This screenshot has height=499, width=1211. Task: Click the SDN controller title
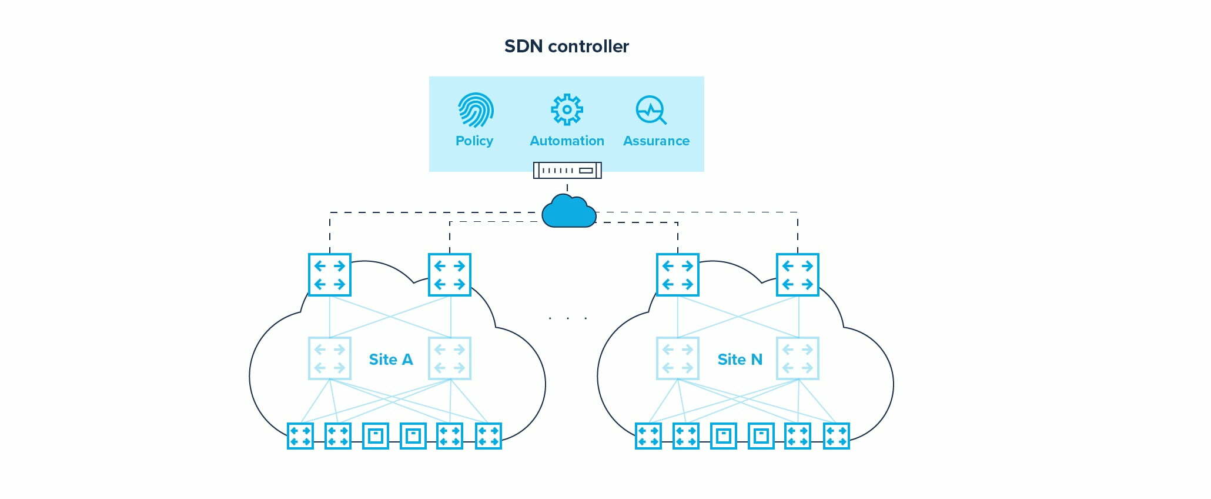coord(566,46)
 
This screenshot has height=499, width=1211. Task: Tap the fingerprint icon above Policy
coord(475,110)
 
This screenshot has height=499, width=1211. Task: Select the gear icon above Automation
coord(567,109)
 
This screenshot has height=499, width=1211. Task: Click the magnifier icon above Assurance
coord(651,110)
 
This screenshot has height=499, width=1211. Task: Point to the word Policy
coord(474,141)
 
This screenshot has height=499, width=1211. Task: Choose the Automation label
coord(567,141)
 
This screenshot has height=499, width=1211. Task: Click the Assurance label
coord(656,141)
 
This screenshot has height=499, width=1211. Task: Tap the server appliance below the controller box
coord(567,170)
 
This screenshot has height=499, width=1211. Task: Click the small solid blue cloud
coord(568,211)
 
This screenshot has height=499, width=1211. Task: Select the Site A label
coord(390,359)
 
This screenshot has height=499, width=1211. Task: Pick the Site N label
coord(740,359)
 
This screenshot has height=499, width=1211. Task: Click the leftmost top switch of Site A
coord(330,275)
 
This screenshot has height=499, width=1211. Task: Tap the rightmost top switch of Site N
coord(798,275)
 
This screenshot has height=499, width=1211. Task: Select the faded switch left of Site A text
coord(330,358)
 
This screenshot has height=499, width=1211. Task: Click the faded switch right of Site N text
coord(798,358)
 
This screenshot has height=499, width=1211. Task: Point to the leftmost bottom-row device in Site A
coord(300,436)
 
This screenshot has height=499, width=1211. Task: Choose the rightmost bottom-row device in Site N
coord(836,436)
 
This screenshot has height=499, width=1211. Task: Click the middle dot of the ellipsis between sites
coord(568,318)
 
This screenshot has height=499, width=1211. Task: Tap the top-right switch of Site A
coord(450,275)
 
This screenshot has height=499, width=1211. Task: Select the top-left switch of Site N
coord(678,275)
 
